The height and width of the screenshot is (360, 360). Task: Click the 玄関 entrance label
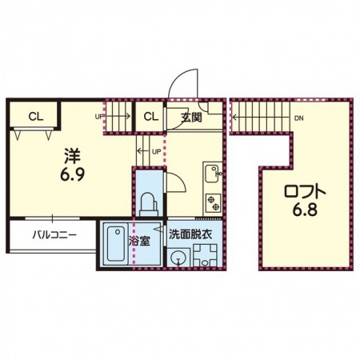pyautogui.click(x=191, y=118)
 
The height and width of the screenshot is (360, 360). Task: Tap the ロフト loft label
pyautogui.click(x=305, y=192)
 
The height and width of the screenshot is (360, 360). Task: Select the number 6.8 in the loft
pyautogui.click(x=305, y=210)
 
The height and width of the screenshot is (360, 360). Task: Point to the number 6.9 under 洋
pyautogui.click(x=73, y=174)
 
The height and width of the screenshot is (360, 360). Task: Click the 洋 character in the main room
pyautogui.click(x=73, y=156)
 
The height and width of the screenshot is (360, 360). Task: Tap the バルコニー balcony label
pyautogui.click(x=54, y=235)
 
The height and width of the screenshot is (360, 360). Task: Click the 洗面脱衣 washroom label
pyautogui.click(x=190, y=234)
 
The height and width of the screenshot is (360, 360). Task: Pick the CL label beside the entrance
pyautogui.click(x=151, y=117)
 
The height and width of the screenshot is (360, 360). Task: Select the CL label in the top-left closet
pyautogui.click(x=36, y=117)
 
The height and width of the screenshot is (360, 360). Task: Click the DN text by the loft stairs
pyautogui.click(x=299, y=118)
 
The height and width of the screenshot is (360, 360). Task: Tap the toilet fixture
pyautogui.click(x=149, y=204)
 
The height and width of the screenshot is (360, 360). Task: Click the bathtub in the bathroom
pyautogui.click(x=116, y=244)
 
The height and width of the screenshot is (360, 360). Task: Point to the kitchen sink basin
pyautogui.click(x=212, y=174)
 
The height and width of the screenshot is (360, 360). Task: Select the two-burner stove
pyautogui.click(x=214, y=203)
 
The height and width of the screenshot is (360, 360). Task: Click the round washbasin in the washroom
pyautogui.click(x=177, y=258)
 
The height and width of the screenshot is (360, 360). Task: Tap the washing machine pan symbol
pyautogui.click(x=205, y=255)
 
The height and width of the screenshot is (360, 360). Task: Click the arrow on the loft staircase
pyautogui.click(x=260, y=117)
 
